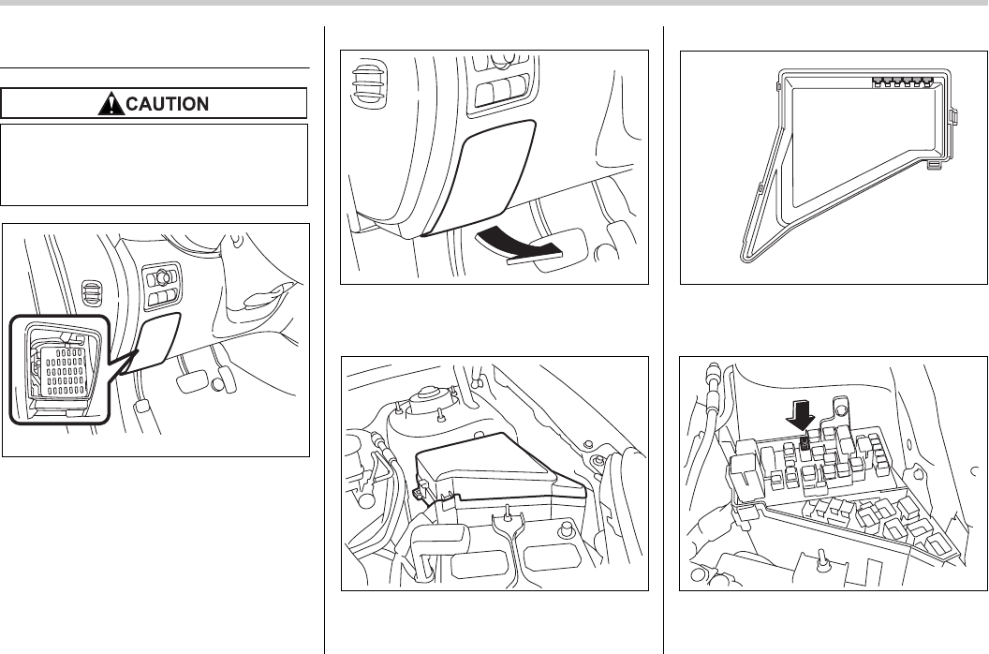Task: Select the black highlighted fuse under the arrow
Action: click(804, 443)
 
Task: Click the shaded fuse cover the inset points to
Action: click(155, 340)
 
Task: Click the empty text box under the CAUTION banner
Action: click(155, 164)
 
